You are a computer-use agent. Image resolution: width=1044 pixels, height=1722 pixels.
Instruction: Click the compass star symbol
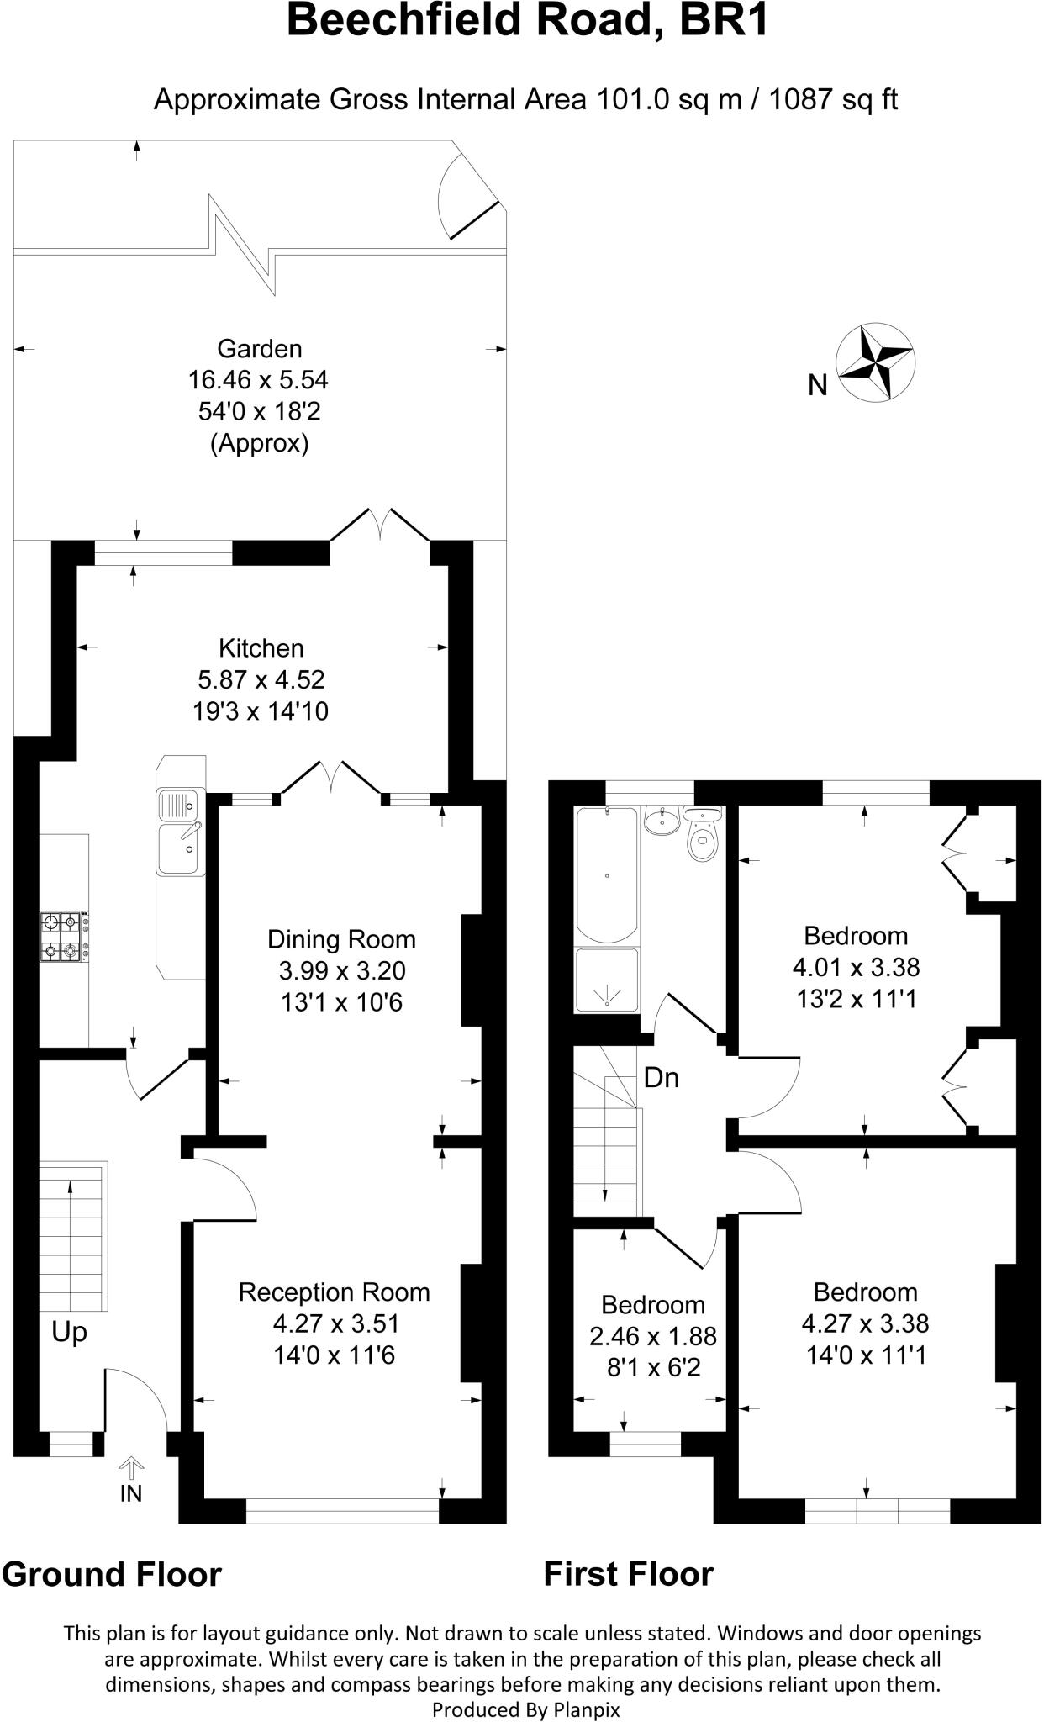(x=877, y=362)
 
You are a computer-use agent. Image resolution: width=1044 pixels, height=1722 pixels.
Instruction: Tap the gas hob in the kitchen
(x=63, y=938)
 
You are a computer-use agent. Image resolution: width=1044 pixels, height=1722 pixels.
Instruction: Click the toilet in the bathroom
(x=702, y=836)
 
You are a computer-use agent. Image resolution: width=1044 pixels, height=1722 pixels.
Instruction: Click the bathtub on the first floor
(x=607, y=874)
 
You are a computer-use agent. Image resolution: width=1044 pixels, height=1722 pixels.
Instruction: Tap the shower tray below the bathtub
(x=607, y=980)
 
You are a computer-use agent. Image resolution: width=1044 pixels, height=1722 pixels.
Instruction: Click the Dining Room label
(x=341, y=939)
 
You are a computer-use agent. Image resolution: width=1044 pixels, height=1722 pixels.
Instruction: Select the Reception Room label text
(x=334, y=1292)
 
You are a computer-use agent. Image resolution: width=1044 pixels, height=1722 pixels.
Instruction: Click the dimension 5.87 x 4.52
(x=260, y=679)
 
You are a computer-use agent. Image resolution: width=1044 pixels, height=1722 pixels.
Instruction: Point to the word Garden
(x=259, y=348)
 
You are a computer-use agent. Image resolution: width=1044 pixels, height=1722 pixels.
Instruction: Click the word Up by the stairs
(x=69, y=1333)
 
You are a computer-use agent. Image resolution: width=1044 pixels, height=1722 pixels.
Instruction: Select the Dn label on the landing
(x=661, y=1078)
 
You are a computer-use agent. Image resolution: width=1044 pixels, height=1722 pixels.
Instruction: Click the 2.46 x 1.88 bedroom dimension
(x=652, y=1337)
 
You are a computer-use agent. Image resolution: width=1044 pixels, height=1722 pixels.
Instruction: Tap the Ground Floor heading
(x=112, y=1574)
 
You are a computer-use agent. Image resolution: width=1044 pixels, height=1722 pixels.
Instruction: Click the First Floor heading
(x=628, y=1574)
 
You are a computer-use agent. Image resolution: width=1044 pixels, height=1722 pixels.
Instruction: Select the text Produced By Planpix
(x=525, y=1709)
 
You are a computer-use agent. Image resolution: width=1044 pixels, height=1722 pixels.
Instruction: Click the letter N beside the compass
(x=817, y=385)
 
